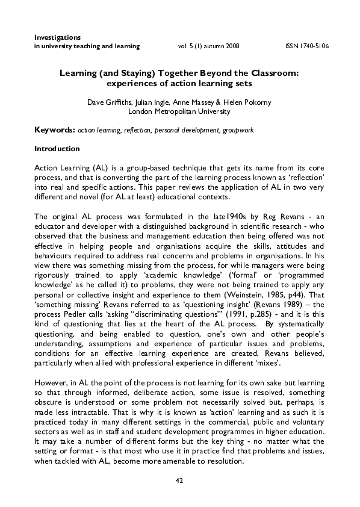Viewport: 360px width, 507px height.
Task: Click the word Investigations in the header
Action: (58, 37)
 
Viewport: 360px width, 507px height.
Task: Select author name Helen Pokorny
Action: (250, 102)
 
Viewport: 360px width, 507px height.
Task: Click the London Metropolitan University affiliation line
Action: (179, 111)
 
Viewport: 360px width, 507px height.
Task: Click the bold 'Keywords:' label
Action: (55, 129)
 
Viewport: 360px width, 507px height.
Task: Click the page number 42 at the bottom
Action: (179, 480)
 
